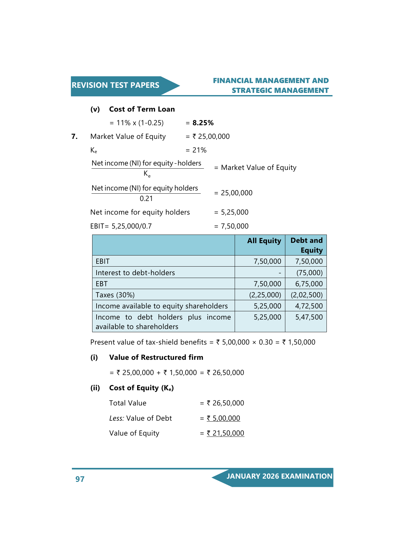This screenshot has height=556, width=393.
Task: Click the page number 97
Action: pos(80,479)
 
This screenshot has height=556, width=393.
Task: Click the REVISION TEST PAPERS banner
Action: pos(116,85)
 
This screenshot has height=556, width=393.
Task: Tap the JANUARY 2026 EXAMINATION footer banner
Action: pos(279,476)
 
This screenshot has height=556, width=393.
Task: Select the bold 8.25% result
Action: pos(203,123)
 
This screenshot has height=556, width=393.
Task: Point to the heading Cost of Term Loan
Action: pos(142,109)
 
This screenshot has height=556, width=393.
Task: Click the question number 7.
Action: pos(74,137)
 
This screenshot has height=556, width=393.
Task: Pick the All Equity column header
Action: pos(264,241)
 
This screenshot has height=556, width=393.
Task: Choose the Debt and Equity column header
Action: pos(306,245)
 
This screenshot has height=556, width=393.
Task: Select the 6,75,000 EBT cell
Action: pos(309,284)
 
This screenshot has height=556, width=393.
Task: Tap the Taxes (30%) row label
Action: pos(115,295)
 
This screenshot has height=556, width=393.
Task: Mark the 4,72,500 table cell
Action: pos(309,306)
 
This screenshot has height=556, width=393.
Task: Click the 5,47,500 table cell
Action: pos(309,317)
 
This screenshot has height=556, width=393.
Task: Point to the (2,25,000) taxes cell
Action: pos(265,295)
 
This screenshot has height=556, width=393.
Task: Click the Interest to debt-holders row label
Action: pos(135,273)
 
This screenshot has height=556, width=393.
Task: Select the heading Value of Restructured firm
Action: pos(156,358)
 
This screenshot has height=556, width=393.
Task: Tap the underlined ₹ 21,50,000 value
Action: pos(225,433)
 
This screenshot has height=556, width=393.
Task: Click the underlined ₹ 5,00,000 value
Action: pos(224,418)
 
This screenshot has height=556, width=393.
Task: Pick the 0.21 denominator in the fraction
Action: pos(146,199)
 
